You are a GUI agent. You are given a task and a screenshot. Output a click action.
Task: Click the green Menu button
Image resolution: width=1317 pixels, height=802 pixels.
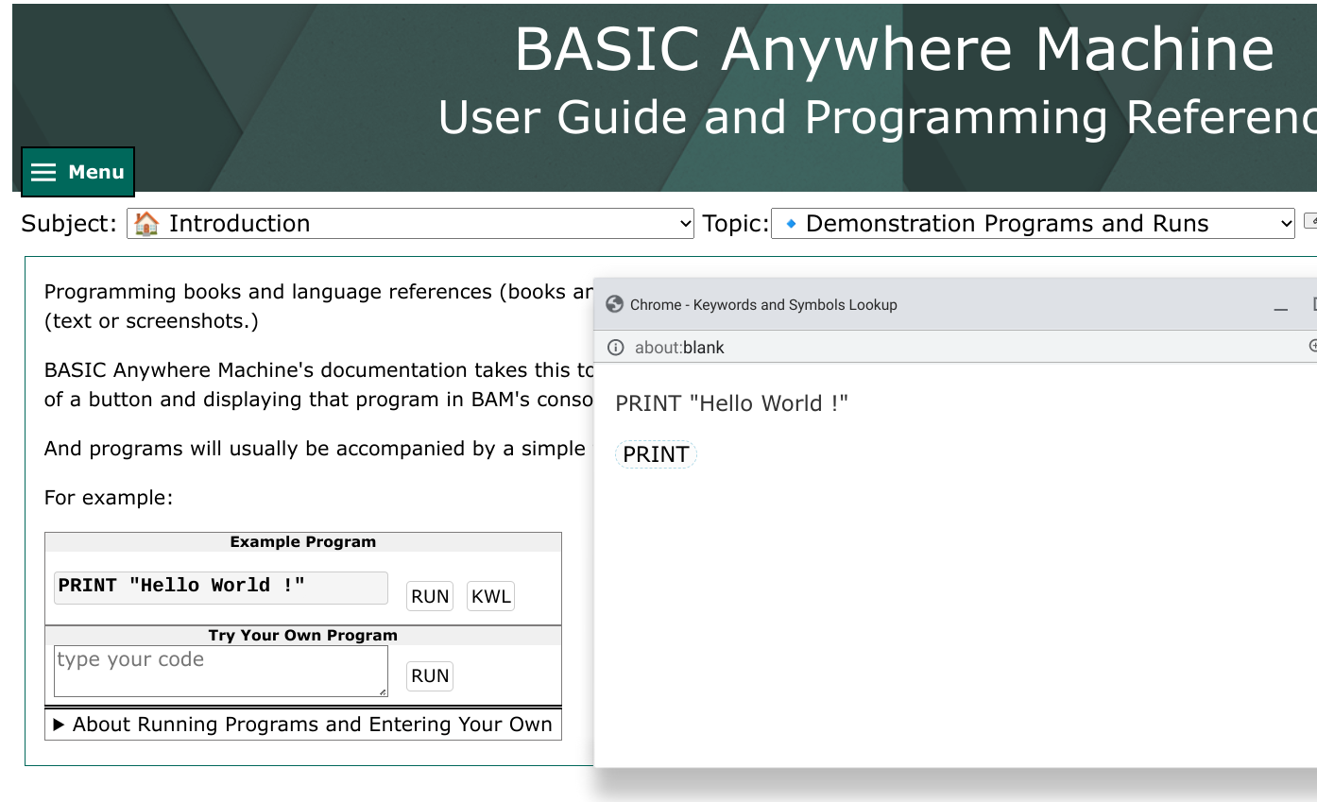click(x=77, y=172)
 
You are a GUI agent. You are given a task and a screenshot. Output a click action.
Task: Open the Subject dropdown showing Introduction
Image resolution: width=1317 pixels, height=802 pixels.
click(x=410, y=224)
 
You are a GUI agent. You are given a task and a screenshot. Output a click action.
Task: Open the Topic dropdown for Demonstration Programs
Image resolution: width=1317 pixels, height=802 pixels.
click(x=1033, y=224)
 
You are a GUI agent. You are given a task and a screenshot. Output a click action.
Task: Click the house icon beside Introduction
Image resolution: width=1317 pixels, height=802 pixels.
click(x=146, y=224)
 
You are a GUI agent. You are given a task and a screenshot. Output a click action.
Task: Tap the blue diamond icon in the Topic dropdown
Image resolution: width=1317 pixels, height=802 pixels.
click(x=792, y=224)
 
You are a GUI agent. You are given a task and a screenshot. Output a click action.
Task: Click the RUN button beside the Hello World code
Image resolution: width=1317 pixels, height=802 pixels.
click(x=430, y=596)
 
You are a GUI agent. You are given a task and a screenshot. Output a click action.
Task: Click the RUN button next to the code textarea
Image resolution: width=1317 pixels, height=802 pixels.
click(x=430, y=675)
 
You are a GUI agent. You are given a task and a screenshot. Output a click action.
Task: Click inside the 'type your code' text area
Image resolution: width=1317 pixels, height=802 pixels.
click(x=220, y=671)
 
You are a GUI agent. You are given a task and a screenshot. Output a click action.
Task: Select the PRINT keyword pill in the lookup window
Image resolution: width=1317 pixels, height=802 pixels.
click(x=656, y=454)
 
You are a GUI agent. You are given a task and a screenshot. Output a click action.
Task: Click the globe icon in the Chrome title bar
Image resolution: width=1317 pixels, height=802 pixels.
click(x=614, y=304)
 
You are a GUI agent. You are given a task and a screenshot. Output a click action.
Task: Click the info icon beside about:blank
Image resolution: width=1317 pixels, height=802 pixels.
click(x=616, y=348)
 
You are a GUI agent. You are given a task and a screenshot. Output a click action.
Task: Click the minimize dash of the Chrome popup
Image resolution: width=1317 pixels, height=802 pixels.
click(x=1281, y=309)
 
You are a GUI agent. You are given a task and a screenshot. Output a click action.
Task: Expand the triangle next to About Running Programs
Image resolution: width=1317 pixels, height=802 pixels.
click(x=59, y=725)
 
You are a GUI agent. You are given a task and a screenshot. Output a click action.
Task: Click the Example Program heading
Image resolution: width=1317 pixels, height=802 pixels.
click(x=302, y=541)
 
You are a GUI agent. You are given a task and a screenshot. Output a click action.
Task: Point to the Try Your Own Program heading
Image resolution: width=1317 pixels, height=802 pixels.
click(x=302, y=635)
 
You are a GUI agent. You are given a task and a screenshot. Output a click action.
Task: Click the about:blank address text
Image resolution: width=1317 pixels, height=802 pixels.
click(x=679, y=348)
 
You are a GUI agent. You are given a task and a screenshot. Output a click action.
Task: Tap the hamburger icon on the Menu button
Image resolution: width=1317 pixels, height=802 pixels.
click(x=43, y=172)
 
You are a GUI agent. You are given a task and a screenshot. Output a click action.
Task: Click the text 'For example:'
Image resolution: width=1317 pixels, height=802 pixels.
click(x=109, y=498)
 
